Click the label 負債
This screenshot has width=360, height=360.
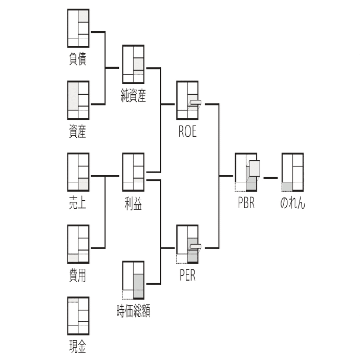tap(78, 59)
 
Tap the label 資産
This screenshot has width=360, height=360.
tap(78, 131)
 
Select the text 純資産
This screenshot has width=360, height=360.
tap(133, 95)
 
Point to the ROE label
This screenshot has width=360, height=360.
tap(187, 131)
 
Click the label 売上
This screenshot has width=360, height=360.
tap(78, 203)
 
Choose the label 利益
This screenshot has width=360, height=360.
tap(133, 203)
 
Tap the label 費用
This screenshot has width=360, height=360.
tap(78, 275)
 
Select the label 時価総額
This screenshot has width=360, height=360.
tap(133, 311)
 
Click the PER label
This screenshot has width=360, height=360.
tap(187, 276)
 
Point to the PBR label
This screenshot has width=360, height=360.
tap(246, 203)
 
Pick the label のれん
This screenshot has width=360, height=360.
tap(293, 203)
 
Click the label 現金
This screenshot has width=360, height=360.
tap(78, 347)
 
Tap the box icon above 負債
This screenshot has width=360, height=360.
tap(78, 28)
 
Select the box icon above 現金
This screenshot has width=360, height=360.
tap(78, 316)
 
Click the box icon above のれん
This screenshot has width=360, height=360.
tap(293, 172)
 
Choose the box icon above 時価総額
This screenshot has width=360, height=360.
tap(133, 280)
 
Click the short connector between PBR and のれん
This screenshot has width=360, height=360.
tap(270, 178)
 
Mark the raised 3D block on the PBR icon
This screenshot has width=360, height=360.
tap(255, 168)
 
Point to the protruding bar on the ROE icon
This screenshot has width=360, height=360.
tap(195, 102)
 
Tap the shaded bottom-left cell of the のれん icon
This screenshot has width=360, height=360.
tap(287, 187)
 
